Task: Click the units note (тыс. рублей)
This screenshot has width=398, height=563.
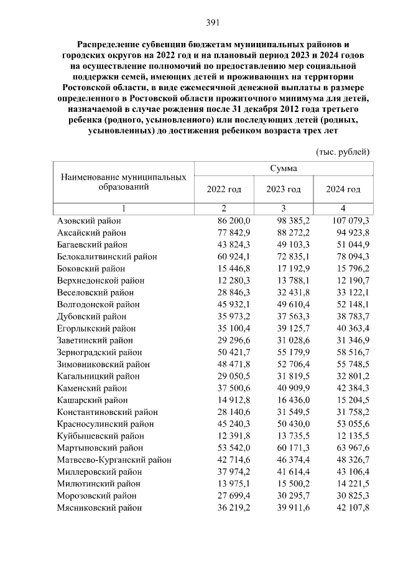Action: (x=343, y=152)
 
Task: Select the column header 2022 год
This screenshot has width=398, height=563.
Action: (x=223, y=189)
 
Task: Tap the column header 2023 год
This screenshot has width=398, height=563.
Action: (x=284, y=189)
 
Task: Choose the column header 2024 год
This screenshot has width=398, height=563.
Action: (x=343, y=189)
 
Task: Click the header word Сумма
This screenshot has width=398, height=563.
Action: (x=284, y=169)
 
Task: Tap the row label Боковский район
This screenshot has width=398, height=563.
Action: (x=91, y=269)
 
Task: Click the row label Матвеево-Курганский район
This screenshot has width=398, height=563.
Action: (x=114, y=460)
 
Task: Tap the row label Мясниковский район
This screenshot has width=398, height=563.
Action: (x=99, y=508)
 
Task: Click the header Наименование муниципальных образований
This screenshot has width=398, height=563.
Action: (x=123, y=182)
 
